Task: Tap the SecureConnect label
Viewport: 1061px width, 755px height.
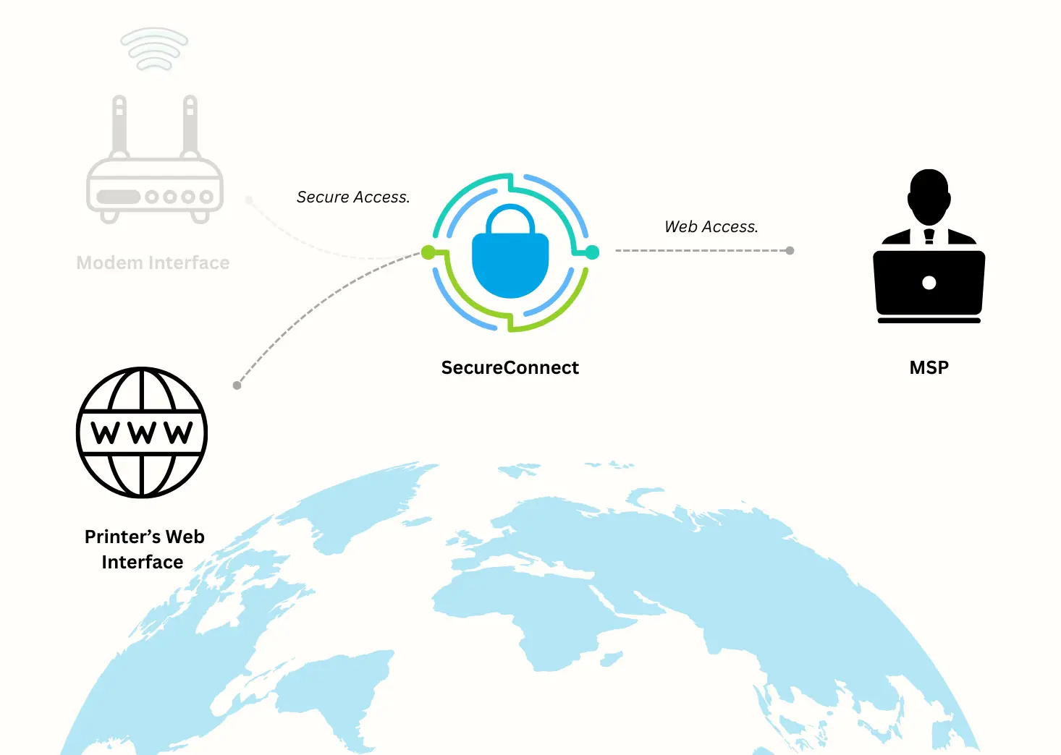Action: [510, 368]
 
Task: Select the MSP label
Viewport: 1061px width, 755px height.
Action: [929, 368]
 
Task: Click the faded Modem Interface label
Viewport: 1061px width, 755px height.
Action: [153, 263]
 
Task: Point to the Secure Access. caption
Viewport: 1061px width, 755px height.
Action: [353, 197]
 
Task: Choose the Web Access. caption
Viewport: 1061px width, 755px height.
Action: [711, 227]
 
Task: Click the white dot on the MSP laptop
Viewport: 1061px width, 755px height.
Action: [929, 283]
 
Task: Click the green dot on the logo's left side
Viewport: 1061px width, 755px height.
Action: [428, 252]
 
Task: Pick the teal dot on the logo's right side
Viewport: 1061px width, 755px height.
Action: [592, 252]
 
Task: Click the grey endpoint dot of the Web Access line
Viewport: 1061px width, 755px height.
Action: [790, 251]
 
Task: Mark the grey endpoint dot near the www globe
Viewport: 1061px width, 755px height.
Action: [237, 385]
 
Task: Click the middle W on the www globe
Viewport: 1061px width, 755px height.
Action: [143, 433]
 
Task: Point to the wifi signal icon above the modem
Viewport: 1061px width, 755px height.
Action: [154, 49]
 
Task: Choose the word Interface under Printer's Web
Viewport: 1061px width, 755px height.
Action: [143, 563]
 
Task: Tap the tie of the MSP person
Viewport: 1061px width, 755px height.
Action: [929, 236]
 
